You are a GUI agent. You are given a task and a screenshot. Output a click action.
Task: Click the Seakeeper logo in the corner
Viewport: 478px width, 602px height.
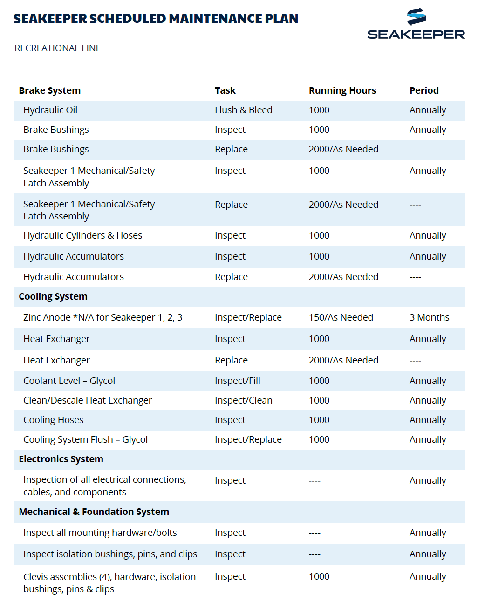pyautogui.click(x=416, y=24)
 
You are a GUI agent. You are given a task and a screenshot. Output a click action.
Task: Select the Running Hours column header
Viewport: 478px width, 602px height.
pyautogui.click(x=342, y=90)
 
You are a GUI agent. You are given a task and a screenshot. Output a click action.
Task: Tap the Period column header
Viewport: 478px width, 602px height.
pyautogui.click(x=424, y=90)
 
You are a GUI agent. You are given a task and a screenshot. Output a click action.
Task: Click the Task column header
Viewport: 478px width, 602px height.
pyautogui.click(x=225, y=90)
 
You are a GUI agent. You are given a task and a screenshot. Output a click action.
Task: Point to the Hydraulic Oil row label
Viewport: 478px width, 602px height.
pyautogui.click(x=50, y=110)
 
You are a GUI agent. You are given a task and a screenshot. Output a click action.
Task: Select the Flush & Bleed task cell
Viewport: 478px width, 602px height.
pyautogui.click(x=243, y=110)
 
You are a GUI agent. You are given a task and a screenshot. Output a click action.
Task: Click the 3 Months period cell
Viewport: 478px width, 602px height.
pyautogui.click(x=429, y=317)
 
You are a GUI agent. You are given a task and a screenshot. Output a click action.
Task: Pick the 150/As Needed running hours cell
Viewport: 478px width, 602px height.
pyautogui.click(x=341, y=317)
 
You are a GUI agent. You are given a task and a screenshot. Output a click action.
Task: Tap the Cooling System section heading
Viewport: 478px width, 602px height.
pyautogui.click(x=53, y=296)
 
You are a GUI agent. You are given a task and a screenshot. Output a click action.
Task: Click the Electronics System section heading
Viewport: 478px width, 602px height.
pyautogui.click(x=61, y=459)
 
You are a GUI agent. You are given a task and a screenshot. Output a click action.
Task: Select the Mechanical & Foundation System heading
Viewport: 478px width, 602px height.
pyautogui.click(x=94, y=512)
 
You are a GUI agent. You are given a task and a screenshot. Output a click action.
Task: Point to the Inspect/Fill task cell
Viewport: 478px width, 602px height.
pyautogui.click(x=237, y=381)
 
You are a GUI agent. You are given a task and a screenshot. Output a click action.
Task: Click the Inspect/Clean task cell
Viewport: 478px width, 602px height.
pyautogui.click(x=243, y=400)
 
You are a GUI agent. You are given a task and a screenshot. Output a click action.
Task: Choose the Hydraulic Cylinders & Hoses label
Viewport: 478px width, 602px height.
pyautogui.click(x=82, y=235)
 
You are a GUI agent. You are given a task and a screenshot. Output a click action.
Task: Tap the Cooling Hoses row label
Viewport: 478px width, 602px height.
pyautogui.click(x=53, y=420)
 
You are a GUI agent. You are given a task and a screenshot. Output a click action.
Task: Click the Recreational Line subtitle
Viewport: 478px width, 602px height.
pyautogui.click(x=58, y=48)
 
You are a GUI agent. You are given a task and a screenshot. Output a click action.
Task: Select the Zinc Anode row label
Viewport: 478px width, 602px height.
pyautogui.click(x=102, y=317)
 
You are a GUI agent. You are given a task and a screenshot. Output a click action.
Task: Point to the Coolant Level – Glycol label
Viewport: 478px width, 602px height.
pyautogui.click(x=69, y=381)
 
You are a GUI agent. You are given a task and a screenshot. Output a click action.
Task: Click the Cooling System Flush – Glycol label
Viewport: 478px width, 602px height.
pyautogui.click(x=85, y=439)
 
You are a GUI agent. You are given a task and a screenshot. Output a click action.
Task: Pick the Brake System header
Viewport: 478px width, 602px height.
pyautogui.click(x=49, y=90)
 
